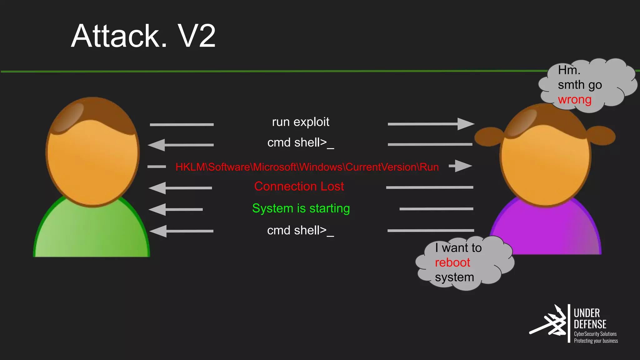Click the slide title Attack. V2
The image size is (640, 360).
pyautogui.click(x=143, y=36)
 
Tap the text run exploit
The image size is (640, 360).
pyautogui.click(x=300, y=122)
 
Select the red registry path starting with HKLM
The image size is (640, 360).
pyautogui.click(x=307, y=167)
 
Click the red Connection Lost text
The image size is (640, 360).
pyautogui.click(x=299, y=186)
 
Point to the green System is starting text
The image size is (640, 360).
pyautogui.click(x=301, y=208)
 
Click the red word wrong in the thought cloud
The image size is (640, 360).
pyautogui.click(x=574, y=100)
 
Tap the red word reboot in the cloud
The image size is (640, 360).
pyautogui.click(x=452, y=262)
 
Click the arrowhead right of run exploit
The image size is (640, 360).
pyautogui.click(x=465, y=124)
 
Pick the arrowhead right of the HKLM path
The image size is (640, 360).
pyautogui.click(x=463, y=166)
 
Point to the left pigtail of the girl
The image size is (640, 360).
pyautogui.click(x=488, y=137)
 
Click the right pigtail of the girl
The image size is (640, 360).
pyautogui.click(x=602, y=135)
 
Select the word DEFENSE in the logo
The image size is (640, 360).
pyautogui.click(x=590, y=324)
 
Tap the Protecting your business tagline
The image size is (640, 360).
pyautogui.click(x=596, y=341)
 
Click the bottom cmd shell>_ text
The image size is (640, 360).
pyautogui.click(x=300, y=231)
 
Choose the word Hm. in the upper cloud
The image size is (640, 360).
pyautogui.click(x=569, y=70)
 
